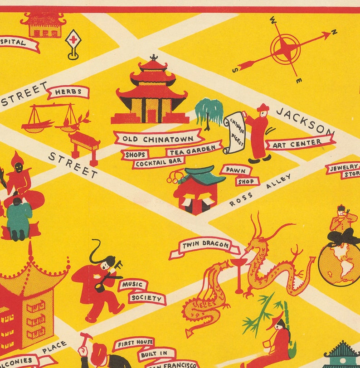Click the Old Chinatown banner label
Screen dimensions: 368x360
point(157,138)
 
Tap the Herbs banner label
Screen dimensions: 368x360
point(68,92)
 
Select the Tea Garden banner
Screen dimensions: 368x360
point(194,150)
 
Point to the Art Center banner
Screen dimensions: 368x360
point(300,143)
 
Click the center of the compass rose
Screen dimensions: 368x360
point(285,49)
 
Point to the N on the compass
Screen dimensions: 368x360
point(334,32)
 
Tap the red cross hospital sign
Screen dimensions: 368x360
point(73,40)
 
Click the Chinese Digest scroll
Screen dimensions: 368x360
point(234,132)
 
